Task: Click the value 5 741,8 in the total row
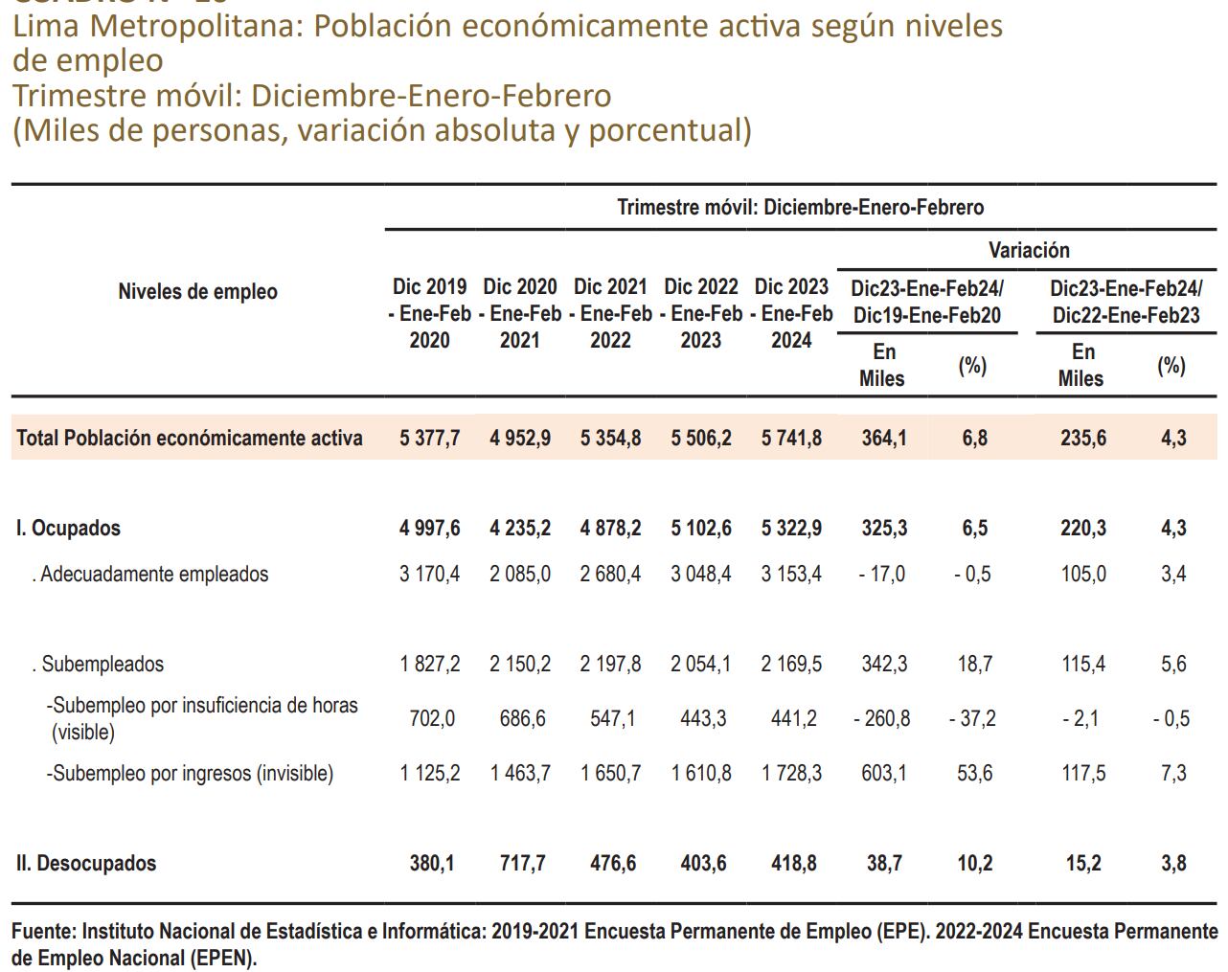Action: (791, 438)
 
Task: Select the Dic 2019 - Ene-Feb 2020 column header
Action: (429, 313)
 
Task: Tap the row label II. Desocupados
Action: (86, 863)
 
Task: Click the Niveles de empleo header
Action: (197, 292)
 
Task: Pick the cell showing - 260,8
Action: (881, 717)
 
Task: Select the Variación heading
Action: (1029, 250)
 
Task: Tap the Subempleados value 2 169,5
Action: (791, 664)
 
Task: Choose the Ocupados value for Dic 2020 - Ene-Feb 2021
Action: (520, 528)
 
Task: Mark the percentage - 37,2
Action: (972, 717)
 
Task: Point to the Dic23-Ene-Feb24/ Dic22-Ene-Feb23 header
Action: (1126, 302)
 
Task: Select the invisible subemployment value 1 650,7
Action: (610, 773)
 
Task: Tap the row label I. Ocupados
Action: (68, 528)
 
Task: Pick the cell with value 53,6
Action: (974, 773)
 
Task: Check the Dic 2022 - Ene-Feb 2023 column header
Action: (700, 313)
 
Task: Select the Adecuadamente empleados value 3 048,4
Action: (700, 575)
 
